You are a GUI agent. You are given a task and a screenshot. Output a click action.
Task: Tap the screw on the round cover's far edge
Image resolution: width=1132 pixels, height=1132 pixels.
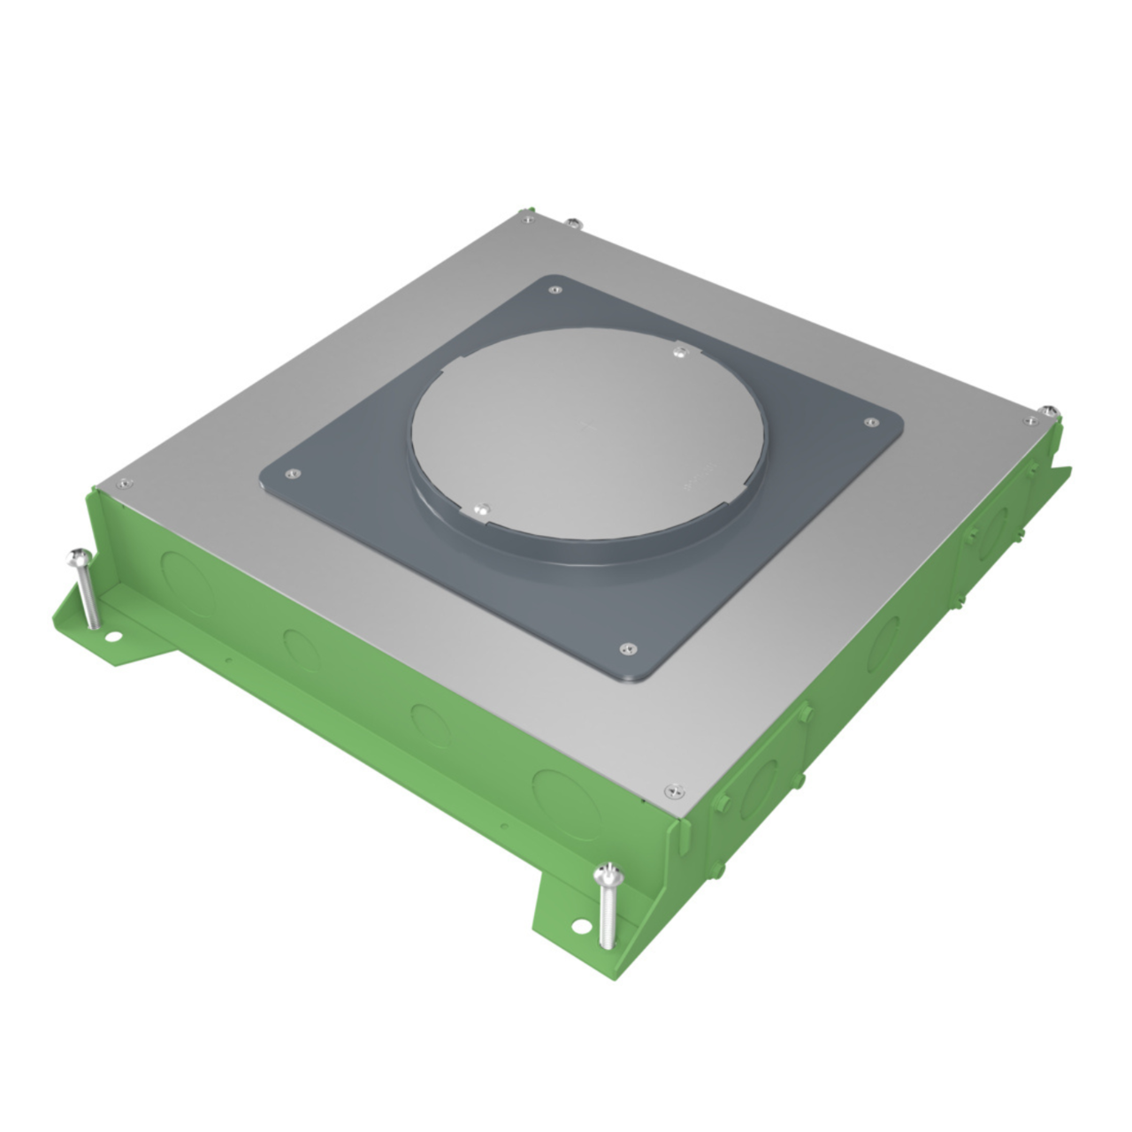coord(678,353)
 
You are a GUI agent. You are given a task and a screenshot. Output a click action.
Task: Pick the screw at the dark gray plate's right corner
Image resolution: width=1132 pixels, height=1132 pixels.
coord(868,423)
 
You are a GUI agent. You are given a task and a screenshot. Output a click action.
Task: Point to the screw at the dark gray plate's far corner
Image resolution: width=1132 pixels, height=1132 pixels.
coord(555,288)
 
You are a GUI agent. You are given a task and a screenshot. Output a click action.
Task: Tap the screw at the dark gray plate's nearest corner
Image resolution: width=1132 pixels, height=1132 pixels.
coord(626,648)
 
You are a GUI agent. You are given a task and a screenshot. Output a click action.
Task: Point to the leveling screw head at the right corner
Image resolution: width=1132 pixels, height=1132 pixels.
coord(1048,409)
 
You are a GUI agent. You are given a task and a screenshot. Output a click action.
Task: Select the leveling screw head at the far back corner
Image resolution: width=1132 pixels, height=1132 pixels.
coord(572,221)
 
